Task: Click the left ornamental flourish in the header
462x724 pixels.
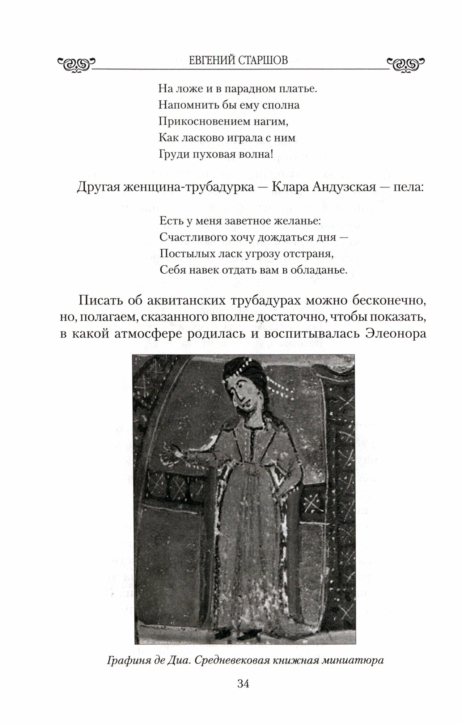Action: pyautogui.click(x=76, y=64)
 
